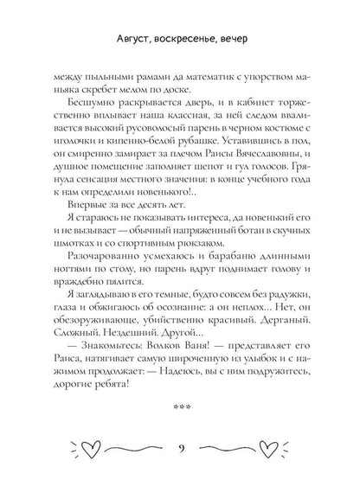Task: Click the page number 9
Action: point(180,448)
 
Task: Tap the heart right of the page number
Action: point(269,447)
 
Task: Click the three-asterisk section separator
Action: point(180,405)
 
